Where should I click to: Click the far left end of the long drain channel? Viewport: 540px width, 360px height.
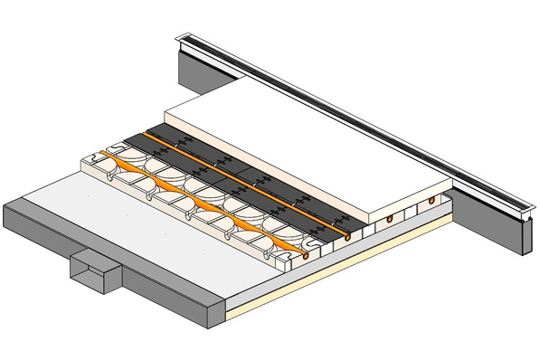coord(182,35)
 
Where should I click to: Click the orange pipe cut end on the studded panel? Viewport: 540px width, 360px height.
coord(312,257)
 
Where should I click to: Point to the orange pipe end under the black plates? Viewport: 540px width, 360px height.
coord(347,237)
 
